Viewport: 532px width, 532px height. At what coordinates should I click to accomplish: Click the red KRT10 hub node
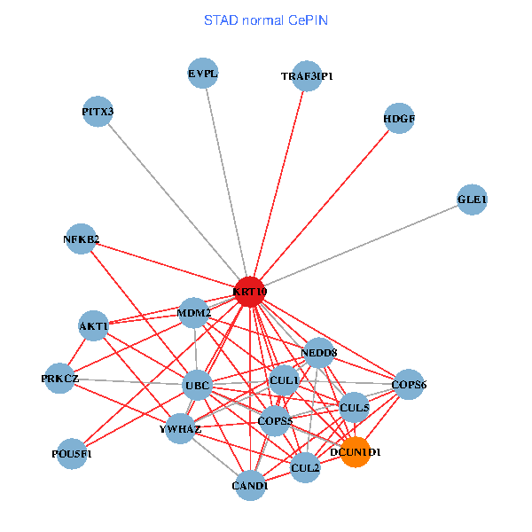click(250, 291)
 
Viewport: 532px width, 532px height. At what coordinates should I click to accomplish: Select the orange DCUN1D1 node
click(355, 451)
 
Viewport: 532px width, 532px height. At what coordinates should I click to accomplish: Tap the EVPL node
click(203, 74)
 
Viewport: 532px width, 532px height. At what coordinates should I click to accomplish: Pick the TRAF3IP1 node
click(307, 76)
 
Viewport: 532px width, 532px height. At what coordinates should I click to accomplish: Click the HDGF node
click(400, 118)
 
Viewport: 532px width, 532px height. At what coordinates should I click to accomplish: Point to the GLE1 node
click(473, 200)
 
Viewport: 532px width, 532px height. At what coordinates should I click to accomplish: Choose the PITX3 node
click(98, 112)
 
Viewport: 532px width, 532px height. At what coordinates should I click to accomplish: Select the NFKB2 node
click(82, 239)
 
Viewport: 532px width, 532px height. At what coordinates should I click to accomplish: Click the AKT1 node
click(94, 325)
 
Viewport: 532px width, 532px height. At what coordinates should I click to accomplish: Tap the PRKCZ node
click(60, 379)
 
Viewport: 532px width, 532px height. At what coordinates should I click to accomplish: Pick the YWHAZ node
click(181, 429)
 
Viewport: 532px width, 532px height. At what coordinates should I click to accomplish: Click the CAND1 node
click(251, 485)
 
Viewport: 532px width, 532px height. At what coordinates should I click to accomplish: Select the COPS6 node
click(409, 385)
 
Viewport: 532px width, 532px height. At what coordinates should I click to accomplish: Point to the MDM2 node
click(194, 312)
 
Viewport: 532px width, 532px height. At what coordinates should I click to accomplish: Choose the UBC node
click(197, 386)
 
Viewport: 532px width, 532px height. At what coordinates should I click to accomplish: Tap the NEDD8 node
click(319, 353)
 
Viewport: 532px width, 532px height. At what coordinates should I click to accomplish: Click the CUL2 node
click(305, 466)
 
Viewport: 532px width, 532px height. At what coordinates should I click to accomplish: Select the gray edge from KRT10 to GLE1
click(364, 245)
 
